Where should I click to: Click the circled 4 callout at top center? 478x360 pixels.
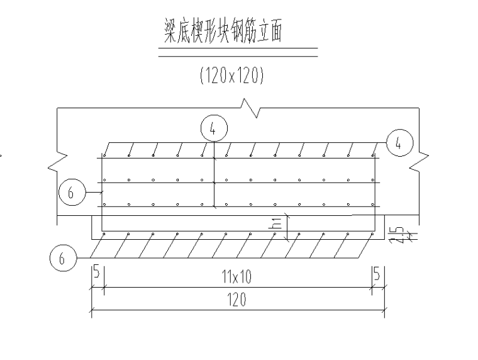click(x=214, y=129)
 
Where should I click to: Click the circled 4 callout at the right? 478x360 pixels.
click(x=398, y=142)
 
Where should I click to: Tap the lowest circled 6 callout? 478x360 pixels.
click(x=63, y=258)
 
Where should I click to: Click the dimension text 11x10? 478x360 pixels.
click(x=237, y=278)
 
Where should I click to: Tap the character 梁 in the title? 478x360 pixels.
click(x=166, y=33)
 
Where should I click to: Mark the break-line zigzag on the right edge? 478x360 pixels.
click(x=420, y=162)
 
